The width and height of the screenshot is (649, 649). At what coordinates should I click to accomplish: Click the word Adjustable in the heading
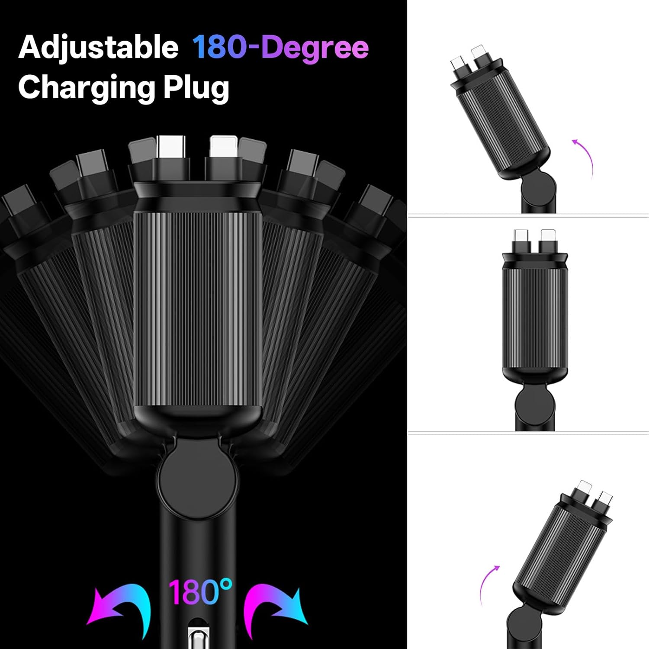pyautogui.click(x=98, y=48)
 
